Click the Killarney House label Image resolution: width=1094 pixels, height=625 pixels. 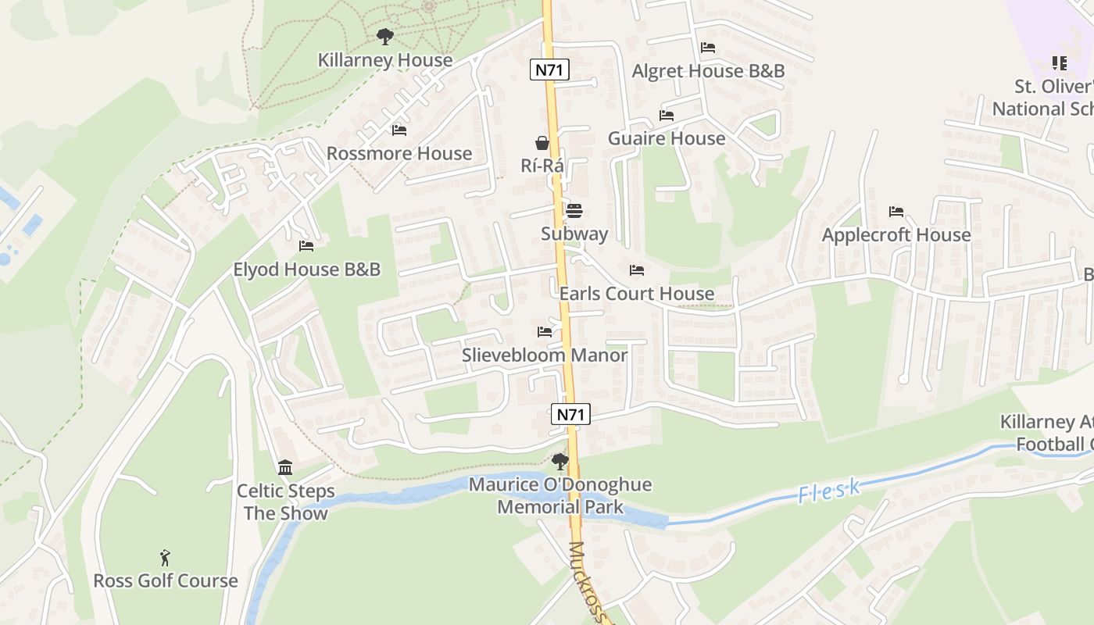pos(384,60)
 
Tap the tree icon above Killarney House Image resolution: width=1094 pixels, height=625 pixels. pos(384,36)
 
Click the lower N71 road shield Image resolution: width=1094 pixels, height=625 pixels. pos(570,415)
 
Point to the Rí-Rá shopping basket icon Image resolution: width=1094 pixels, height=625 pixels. pos(542,143)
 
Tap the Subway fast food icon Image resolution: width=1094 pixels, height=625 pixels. pos(574,211)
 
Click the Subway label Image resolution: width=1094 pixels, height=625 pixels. pos(574,234)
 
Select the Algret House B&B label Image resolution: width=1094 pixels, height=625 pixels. pos(708,71)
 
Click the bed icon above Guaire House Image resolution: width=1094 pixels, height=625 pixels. pos(667,116)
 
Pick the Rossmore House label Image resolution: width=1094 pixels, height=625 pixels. pos(399,153)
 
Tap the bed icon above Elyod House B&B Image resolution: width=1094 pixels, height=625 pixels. pos(306,246)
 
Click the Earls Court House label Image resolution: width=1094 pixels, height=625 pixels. pos(636,294)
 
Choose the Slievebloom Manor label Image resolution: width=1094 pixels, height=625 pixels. pos(544,355)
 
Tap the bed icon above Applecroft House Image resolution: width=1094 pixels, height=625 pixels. pos(896,212)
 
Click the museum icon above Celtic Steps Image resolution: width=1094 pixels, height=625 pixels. pos(285,468)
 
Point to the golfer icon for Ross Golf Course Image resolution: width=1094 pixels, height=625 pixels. pos(165,558)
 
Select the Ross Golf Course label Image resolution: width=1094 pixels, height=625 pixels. pos(166,581)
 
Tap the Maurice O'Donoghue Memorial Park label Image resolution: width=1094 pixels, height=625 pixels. pos(560,495)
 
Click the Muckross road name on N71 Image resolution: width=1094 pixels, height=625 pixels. pos(590,582)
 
